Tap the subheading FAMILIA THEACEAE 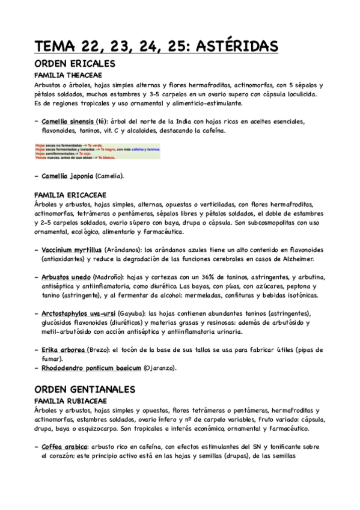(x=68, y=75)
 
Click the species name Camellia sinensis (x=68, y=121)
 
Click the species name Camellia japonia (x=67, y=176)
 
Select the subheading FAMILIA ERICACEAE (x=70, y=195)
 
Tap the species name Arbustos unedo (x=66, y=277)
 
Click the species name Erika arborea (x=63, y=349)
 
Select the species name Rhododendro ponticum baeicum (x=92, y=367)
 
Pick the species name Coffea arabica (x=64, y=447)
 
